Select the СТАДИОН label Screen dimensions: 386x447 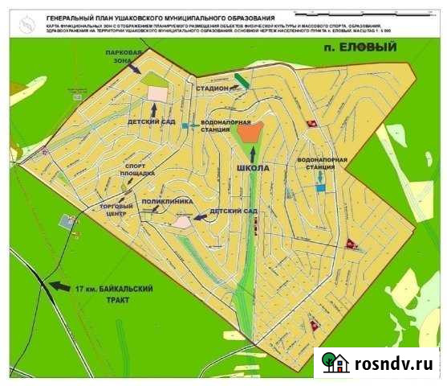212,88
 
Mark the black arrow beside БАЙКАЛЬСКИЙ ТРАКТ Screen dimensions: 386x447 59,285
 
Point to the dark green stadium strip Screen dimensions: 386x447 241,80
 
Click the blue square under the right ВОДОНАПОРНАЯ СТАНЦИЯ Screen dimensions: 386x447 321,188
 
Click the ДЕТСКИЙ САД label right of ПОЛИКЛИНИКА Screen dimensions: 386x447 232,211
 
